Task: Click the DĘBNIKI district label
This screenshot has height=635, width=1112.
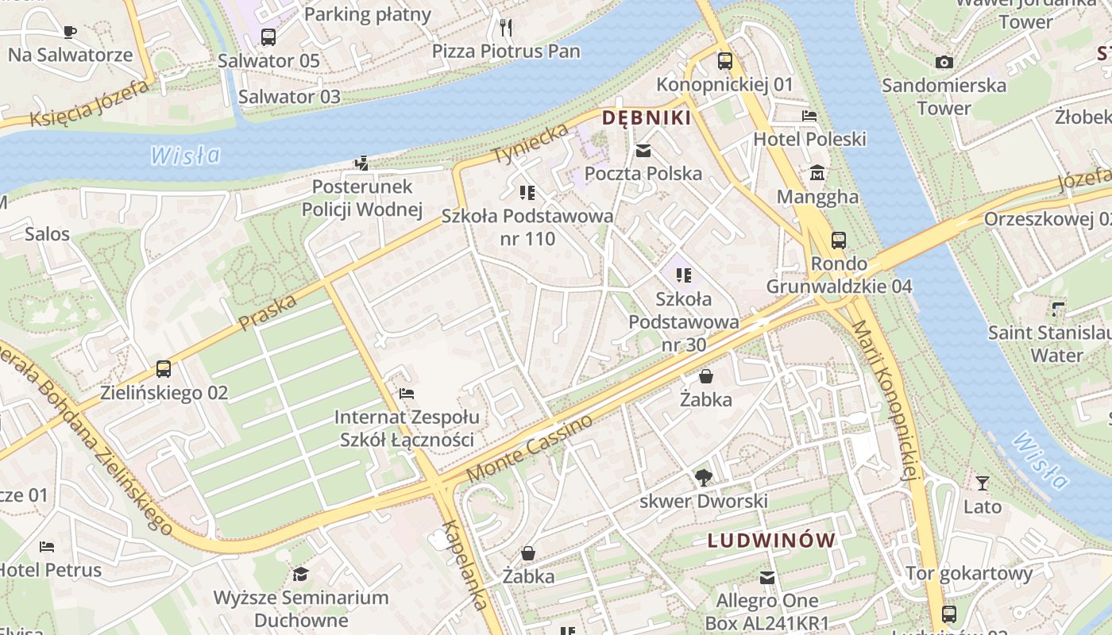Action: coord(646,118)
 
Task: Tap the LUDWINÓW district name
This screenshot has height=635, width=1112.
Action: coord(771,541)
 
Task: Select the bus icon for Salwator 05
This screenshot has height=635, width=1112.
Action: coord(268,37)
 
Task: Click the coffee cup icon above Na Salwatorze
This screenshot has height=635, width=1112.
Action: coord(70,32)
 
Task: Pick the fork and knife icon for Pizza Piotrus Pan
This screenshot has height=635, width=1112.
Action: coord(506,28)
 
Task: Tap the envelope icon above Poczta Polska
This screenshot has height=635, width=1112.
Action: coord(643,150)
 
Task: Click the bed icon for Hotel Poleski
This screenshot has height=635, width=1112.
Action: coord(809,116)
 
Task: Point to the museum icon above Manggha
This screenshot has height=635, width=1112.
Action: coord(817,173)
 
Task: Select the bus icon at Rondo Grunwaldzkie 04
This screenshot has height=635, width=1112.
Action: coord(839,240)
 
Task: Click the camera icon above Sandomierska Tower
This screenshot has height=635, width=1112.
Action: coord(944,62)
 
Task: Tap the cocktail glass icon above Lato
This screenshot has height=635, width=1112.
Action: coord(983,483)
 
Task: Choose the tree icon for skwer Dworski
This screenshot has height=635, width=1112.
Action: coord(703,477)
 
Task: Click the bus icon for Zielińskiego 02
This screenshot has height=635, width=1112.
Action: coord(164,369)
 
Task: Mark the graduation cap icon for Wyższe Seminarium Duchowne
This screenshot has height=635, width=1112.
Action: coord(300,574)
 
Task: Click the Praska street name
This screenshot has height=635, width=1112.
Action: coord(268,312)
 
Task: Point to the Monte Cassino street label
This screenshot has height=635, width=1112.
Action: coord(530,448)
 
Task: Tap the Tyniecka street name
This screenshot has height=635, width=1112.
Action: coord(531,144)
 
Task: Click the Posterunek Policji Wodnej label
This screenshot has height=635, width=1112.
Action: coord(362,198)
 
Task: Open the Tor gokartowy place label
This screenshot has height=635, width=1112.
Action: coord(969,573)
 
